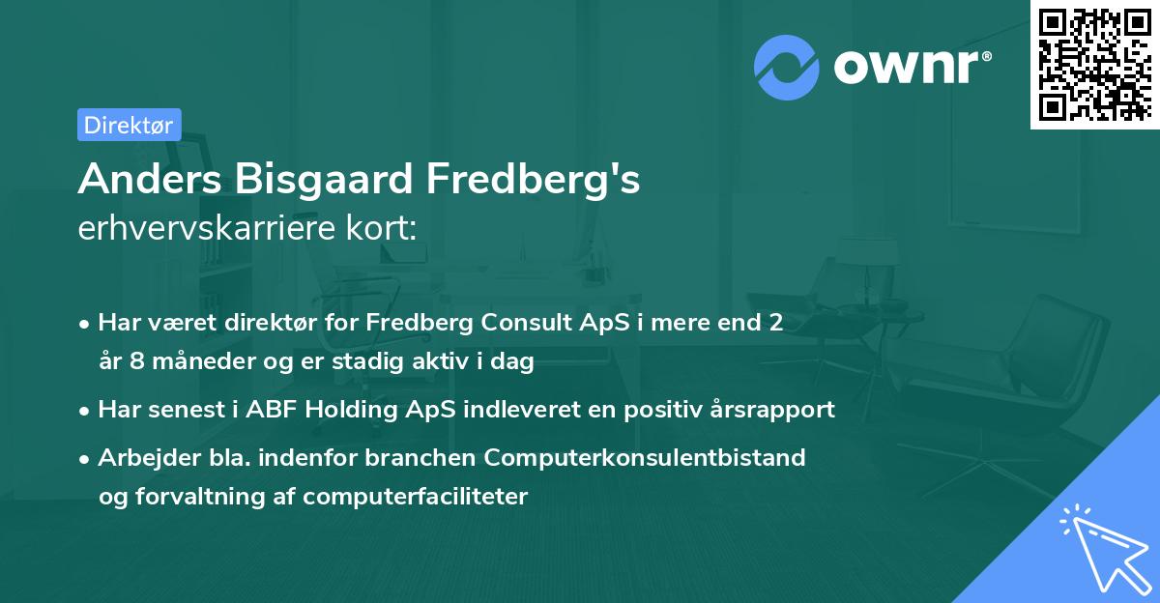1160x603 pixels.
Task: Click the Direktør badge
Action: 129,125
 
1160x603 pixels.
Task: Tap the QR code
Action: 1094,64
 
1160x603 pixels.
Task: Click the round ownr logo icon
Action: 787,68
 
